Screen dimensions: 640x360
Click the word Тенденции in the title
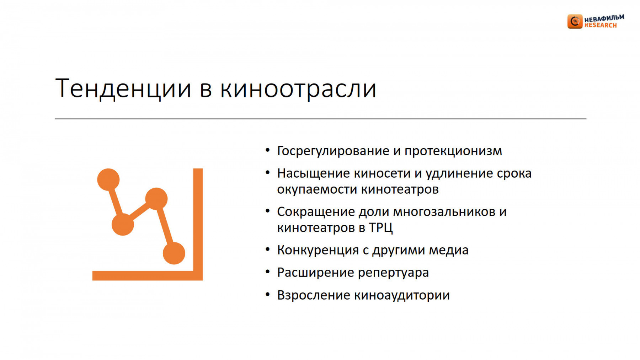[x=123, y=88]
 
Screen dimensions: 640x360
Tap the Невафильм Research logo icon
[x=575, y=21]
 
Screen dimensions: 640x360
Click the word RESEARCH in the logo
[x=601, y=25]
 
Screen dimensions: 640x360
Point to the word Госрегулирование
[x=333, y=151]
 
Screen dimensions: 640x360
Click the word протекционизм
[x=453, y=151]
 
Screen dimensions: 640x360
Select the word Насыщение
[x=313, y=174]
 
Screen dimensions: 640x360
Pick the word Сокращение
[x=316, y=212]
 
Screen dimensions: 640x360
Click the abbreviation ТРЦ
[x=380, y=227]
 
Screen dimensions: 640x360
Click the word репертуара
[x=393, y=273]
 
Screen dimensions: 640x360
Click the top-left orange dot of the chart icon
[x=108, y=179]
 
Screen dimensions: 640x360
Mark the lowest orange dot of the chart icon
[x=174, y=253]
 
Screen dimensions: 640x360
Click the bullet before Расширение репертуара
[x=268, y=272]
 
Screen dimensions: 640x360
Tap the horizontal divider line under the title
[x=321, y=119]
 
